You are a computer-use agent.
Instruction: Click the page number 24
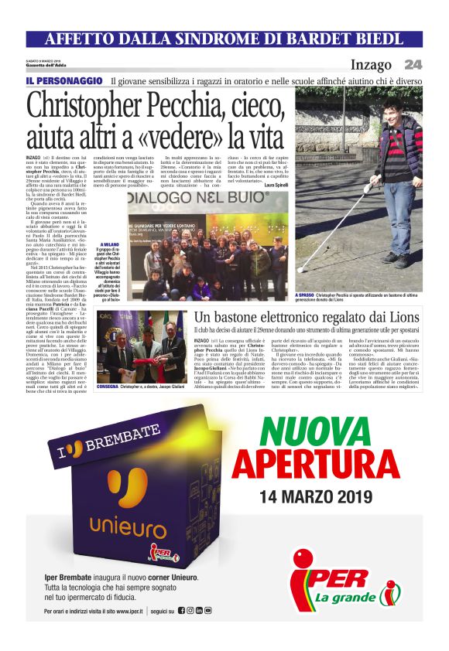point(413,64)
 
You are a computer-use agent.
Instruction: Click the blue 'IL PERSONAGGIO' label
point(64,80)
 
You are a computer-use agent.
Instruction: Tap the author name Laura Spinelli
point(277,184)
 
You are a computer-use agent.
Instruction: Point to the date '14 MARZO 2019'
point(316,496)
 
